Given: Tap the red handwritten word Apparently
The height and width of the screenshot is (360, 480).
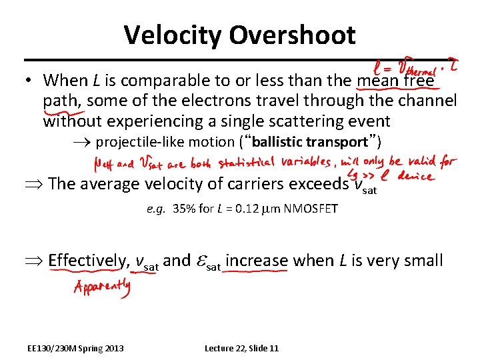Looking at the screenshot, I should tap(102, 288).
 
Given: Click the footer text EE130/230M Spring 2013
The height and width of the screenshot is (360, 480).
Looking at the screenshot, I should tap(75, 348).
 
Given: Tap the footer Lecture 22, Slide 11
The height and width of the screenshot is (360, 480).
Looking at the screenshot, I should tap(241, 348).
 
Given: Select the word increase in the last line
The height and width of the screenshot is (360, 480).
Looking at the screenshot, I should tap(257, 260).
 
